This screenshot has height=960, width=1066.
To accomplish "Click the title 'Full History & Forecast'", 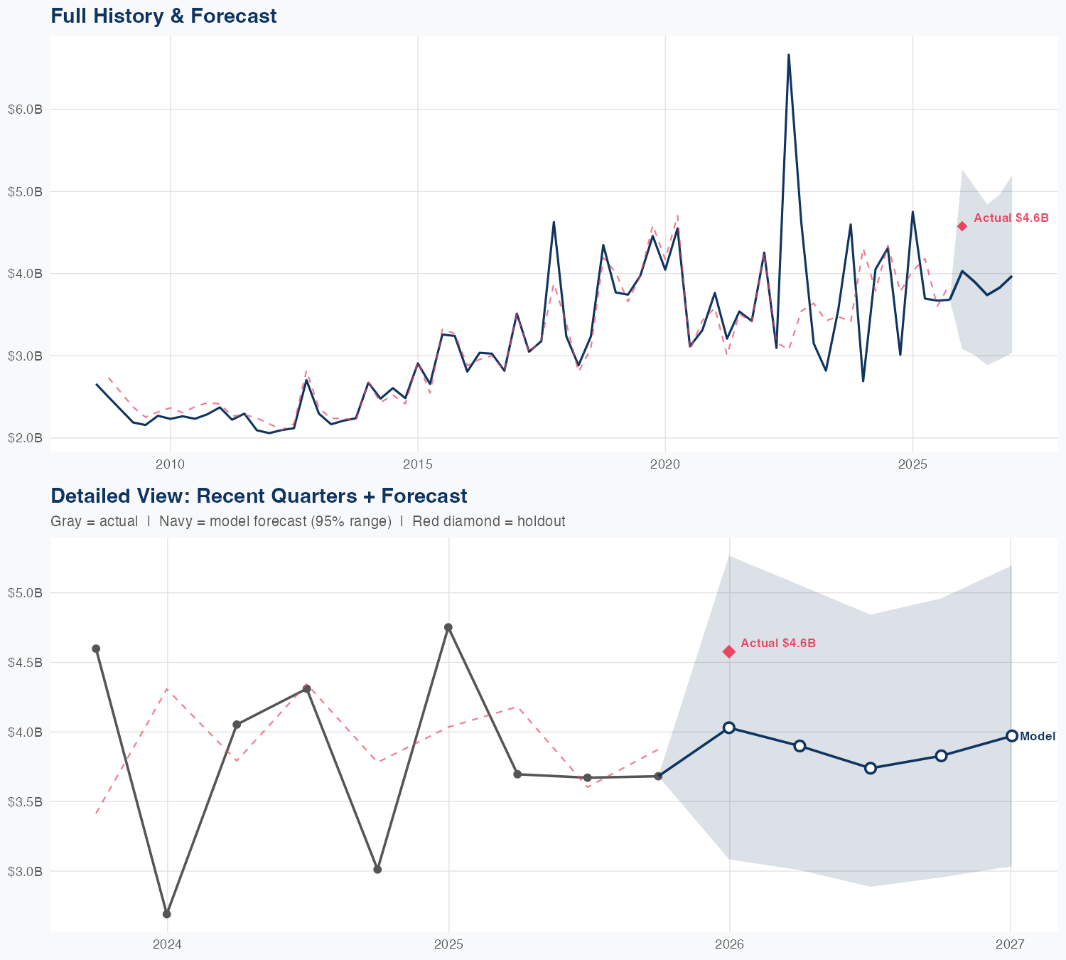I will [x=163, y=16].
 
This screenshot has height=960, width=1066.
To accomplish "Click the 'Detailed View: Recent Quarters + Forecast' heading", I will [x=259, y=496].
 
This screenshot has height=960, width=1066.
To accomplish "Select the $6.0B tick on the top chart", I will [x=25, y=110].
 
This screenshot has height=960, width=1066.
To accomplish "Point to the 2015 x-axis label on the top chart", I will [x=417, y=464].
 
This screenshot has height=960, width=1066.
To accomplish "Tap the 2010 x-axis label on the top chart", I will [x=170, y=464].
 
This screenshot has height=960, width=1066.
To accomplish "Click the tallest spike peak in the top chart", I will [x=789, y=55].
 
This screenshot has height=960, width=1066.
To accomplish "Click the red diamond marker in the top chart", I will [x=962, y=226].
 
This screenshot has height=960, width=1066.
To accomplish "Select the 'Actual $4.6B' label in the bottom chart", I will [x=778, y=643].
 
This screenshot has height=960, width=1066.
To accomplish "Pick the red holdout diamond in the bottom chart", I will [x=729, y=651].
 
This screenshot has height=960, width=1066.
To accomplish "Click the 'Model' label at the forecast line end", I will [x=1038, y=737].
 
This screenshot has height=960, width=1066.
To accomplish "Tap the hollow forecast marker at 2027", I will [x=1011, y=736].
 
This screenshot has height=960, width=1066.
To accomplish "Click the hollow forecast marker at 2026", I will [x=729, y=727].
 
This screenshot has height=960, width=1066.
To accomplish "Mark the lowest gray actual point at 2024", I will [x=166, y=914].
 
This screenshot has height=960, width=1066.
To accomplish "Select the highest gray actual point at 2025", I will [x=448, y=627].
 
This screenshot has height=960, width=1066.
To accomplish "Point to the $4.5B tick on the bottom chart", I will [x=25, y=662].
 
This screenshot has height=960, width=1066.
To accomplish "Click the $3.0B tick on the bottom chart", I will [x=25, y=871].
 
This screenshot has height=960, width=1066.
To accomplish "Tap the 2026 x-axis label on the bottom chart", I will [x=729, y=944].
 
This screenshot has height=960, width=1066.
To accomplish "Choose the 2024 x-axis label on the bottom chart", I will [x=167, y=944].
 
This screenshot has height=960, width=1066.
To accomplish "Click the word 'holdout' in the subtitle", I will [x=542, y=521].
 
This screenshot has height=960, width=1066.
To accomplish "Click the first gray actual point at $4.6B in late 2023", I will [x=96, y=649].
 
